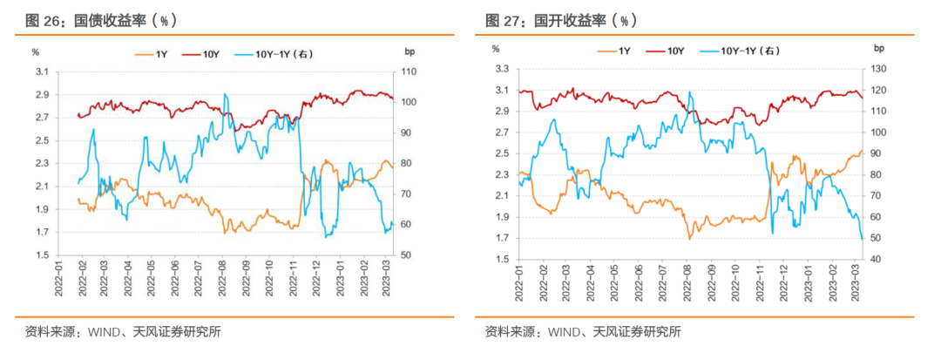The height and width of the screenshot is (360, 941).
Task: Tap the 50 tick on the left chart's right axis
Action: click(x=407, y=255)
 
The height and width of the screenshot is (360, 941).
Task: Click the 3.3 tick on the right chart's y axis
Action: click(x=501, y=68)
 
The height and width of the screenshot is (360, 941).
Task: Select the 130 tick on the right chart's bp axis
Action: click(x=877, y=68)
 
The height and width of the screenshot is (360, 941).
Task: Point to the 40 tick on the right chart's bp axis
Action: click(x=875, y=259)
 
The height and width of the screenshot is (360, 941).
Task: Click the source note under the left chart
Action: click(x=123, y=331)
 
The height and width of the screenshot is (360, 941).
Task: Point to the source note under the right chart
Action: click(x=583, y=331)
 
